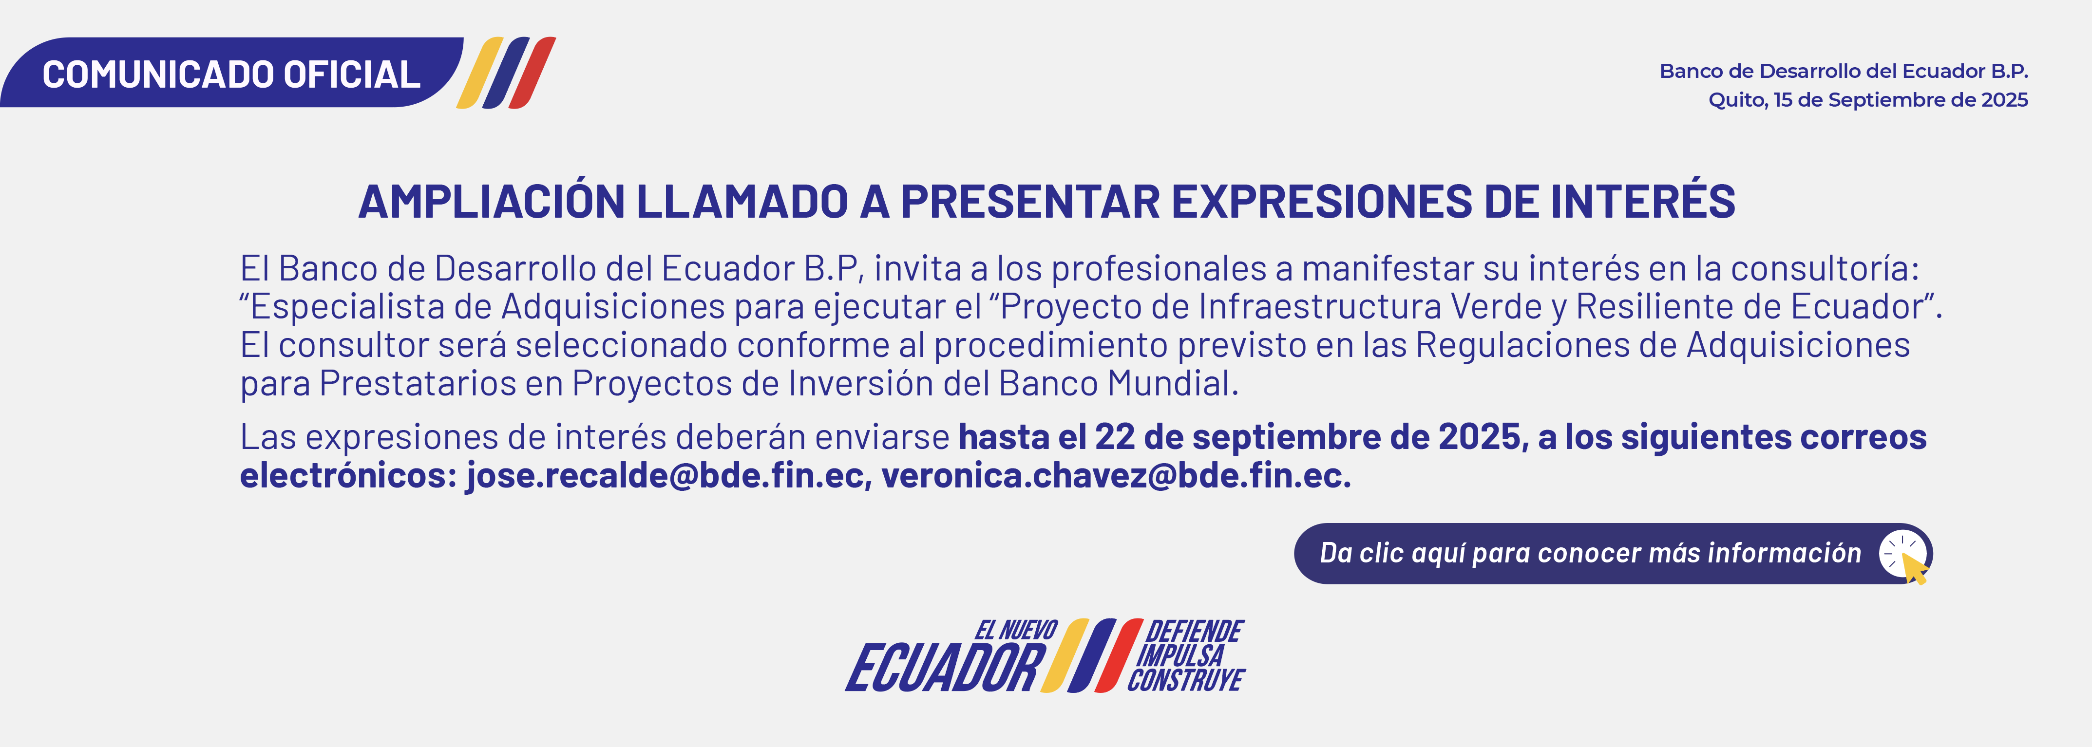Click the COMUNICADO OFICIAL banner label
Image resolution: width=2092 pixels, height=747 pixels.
pos(231,75)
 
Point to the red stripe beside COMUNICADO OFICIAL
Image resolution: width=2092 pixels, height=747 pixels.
pos(532,72)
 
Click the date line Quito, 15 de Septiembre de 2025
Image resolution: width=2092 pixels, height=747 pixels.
pos(1868,100)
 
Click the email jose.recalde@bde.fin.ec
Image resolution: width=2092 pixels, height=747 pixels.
pos(665,475)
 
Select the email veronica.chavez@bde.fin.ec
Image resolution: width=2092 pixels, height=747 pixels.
pos(1116,475)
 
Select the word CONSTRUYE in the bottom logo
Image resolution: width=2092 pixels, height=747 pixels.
pos(1186,680)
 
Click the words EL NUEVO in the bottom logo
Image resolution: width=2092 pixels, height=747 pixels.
pos(1016,630)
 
